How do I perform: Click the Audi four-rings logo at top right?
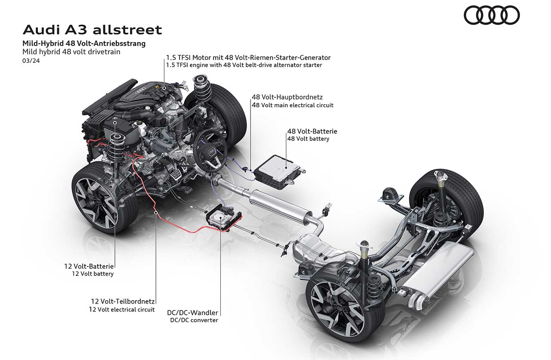click(492, 15)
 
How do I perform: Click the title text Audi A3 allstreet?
click(92, 30)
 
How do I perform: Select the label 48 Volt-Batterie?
click(312, 131)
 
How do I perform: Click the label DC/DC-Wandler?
click(192, 313)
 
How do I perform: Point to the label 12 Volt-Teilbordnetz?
click(123, 301)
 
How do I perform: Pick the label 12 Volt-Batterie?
click(89, 266)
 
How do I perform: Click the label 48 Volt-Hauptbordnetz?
click(287, 97)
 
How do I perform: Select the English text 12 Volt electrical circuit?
click(122, 309)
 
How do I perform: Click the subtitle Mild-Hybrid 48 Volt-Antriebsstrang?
click(84, 43)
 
